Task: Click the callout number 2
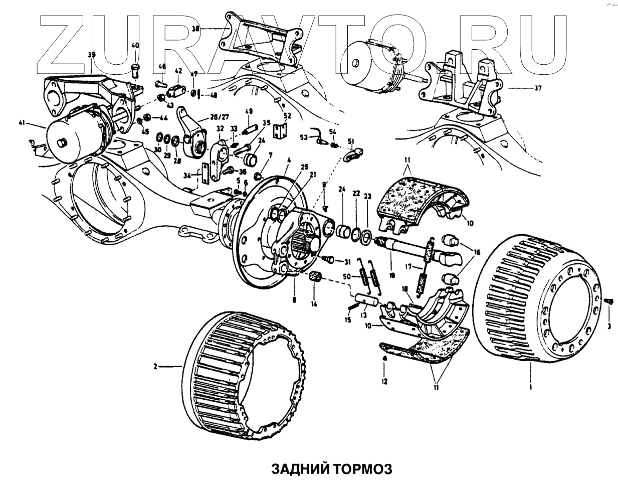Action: [156, 367]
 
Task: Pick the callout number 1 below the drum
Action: [531, 387]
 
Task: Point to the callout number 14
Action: [314, 304]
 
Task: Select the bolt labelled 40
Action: [136, 69]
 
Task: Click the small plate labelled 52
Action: [279, 131]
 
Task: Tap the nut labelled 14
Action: [315, 277]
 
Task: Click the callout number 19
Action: [392, 275]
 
